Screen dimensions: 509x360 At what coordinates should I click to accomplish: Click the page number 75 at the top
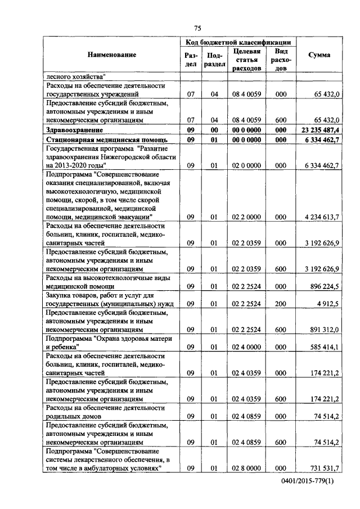pyautogui.click(x=197, y=28)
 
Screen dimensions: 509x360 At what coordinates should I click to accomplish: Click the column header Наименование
pyautogui.click(x=111, y=55)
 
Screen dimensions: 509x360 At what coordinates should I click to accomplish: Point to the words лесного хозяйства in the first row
pyautogui.click(x=75, y=76)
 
